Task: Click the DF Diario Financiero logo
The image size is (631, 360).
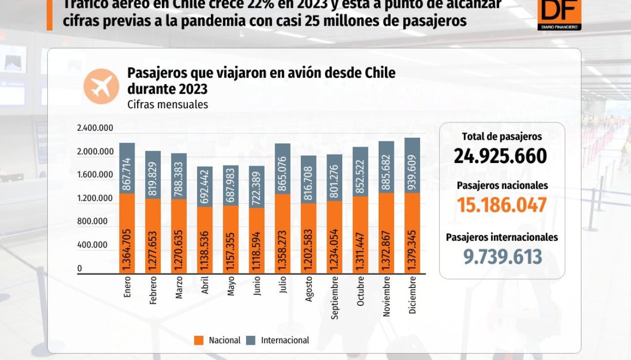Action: (x=559, y=14)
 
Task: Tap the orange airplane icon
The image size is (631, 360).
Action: (x=101, y=86)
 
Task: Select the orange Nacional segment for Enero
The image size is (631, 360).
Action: (x=127, y=233)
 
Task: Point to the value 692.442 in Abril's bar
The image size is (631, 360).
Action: (x=205, y=187)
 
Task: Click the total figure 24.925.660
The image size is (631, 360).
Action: (x=502, y=156)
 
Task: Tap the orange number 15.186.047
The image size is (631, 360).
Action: (x=502, y=205)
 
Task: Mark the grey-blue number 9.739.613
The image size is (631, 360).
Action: (x=502, y=256)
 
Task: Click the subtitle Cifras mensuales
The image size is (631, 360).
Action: (x=167, y=105)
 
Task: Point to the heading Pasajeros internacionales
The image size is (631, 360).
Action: (x=502, y=238)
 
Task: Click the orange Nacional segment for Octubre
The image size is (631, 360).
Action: (x=360, y=235)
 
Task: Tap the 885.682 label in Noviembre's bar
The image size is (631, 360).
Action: (x=386, y=167)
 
